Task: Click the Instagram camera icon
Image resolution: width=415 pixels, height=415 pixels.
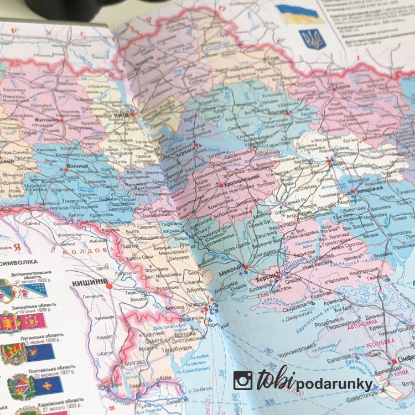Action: (x=243, y=380)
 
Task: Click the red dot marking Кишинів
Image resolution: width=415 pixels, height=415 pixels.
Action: (x=110, y=286)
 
